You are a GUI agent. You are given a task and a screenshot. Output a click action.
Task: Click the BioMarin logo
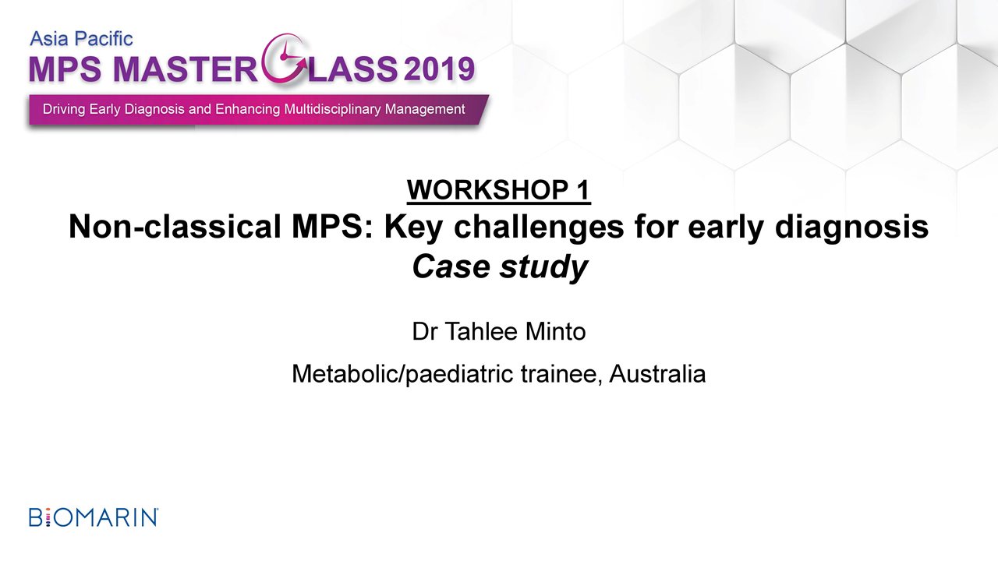(x=94, y=517)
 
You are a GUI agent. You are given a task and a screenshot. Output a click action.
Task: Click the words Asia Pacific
(x=81, y=39)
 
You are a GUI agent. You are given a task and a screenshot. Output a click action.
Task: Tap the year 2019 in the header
(x=439, y=69)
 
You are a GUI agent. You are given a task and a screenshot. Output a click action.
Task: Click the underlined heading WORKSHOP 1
(x=498, y=190)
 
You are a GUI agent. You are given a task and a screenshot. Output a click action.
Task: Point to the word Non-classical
(x=175, y=227)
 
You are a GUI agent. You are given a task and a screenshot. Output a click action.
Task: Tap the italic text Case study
(x=500, y=268)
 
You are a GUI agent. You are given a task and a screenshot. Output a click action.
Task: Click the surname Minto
(x=555, y=332)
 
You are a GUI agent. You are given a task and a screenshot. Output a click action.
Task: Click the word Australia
(x=657, y=373)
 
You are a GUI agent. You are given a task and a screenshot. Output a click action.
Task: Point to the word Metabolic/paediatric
(x=402, y=375)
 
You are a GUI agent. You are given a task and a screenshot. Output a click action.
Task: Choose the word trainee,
(x=561, y=375)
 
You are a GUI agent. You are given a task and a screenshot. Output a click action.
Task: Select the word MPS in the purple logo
(x=65, y=70)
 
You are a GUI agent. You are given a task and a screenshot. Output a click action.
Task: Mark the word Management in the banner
(x=425, y=110)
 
